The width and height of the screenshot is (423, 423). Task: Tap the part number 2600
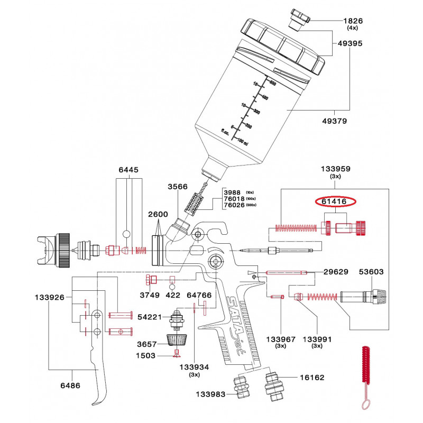pyautogui.click(x=143, y=215)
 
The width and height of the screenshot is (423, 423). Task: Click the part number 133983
pyautogui.click(x=211, y=394)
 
